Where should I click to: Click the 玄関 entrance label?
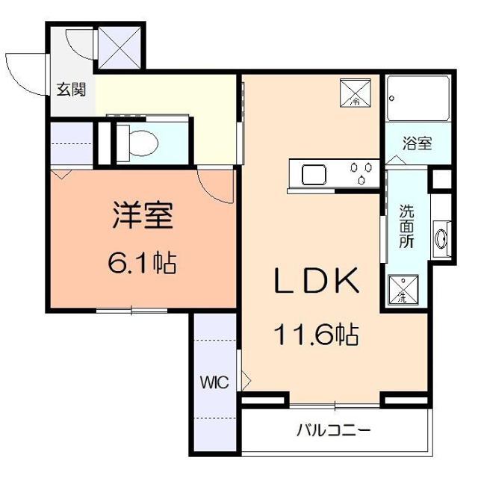[x=72, y=90]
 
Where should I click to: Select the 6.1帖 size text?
[x=143, y=263]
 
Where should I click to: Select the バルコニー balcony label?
[x=333, y=431]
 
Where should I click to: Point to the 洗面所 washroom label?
[x=406, y=226]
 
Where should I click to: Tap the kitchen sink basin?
[x=313, y=175]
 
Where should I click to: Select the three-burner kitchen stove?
[x=361, y=173]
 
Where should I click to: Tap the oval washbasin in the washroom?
[x=441, y=239]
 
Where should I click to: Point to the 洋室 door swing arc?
[x=215, y=186]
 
